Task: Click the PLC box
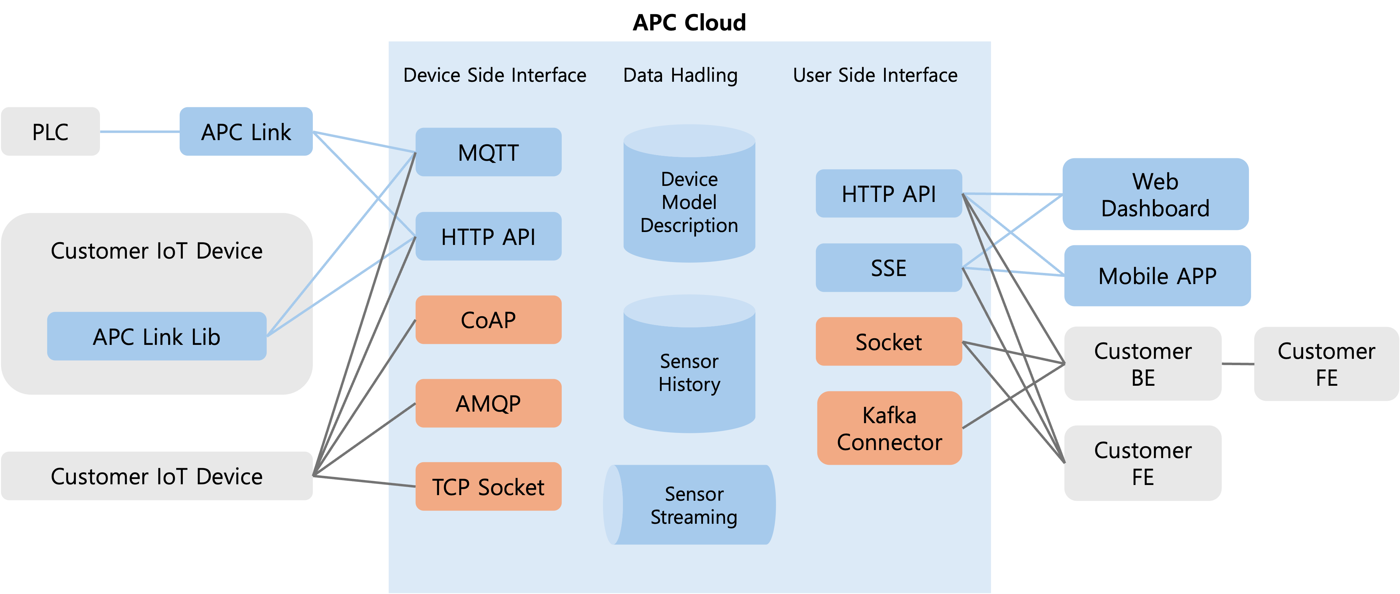tap(50, 131)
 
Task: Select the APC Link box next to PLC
tap(246, 131)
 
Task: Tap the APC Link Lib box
tap(157, 336)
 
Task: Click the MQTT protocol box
tap(488, 152)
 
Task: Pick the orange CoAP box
tap(488, 320)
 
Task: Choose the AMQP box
tap(488, 403)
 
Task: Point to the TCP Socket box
tap(488, 486)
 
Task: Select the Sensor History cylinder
tap(689, 372)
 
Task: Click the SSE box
tap(889, 267)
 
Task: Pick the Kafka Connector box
tap(889, 428)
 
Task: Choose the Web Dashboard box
tap(1155, 194)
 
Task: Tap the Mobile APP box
tap(1157, 276)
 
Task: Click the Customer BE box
tap(1142, 364)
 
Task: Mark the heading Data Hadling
tap(680, 75)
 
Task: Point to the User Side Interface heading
tap(875, 75)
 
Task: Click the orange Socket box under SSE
tap(889, 341)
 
